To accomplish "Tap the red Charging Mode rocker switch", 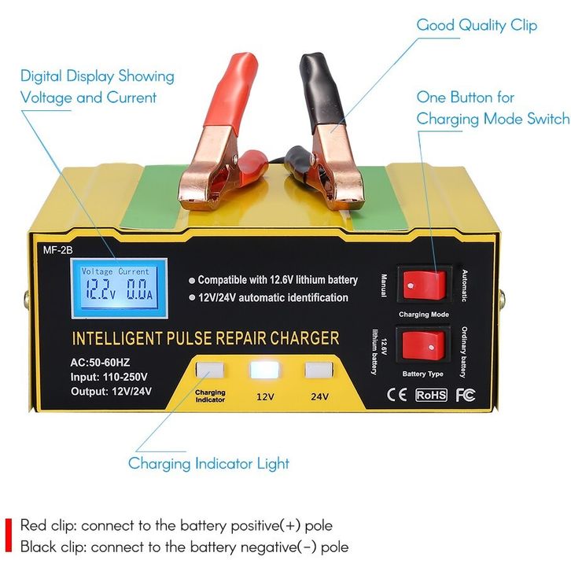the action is click(422, 284).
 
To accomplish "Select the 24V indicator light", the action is click(319, 370).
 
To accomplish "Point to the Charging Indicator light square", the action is click(210, 370).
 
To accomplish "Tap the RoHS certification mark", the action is click(430, 394).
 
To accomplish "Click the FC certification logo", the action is click(465, 394).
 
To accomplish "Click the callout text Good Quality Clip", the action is click(477, 25).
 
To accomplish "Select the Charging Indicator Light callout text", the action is click(208, 463).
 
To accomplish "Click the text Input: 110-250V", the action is click(115, 378).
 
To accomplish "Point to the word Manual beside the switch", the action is click(383, 285).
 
